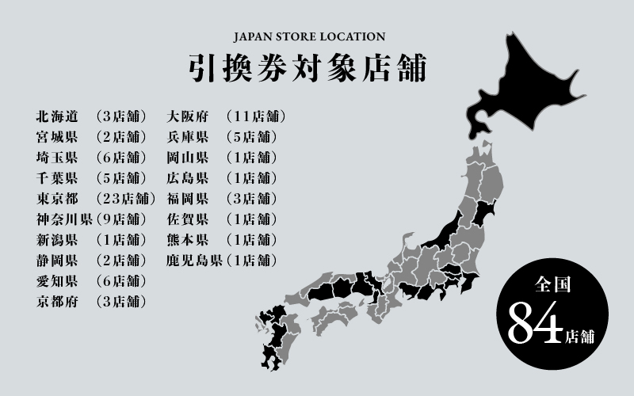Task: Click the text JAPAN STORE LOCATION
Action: pyautogui.click(x=309, y=36)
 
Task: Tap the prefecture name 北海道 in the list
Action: pyautogui.click(x=56, y=116)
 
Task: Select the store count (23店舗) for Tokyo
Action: pyautogui.click(x=124, y=198)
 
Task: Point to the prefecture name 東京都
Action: pyautogui.click(x=56, y=198)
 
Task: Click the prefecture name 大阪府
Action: pyautogui.click(x=187, y=116)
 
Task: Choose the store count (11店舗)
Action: pyautogui.click(x=255, y=116)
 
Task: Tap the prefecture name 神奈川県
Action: pyautogui.click(x=64, y=219)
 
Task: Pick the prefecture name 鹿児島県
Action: pyautogui.click(x=194, y=260)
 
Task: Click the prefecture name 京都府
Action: pyautogui.click(x=56, y=301)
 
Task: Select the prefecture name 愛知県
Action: pyautogui.click(x=56, y=280)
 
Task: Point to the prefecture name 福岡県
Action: pyautogui.click(x=187, y=198)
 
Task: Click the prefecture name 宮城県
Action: pyautogui.click(x=56, y=137)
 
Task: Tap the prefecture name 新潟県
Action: pyautogui.click(x=56, y=239)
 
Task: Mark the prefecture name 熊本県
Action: pyautogui.click(x=187, y=239)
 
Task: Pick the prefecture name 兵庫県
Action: pyautogui.click(x=187, y=137)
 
